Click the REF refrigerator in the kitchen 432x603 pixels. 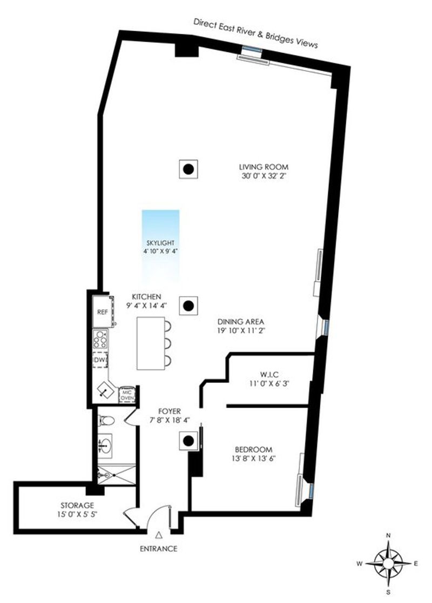pyautogui.click(x=103, y=312)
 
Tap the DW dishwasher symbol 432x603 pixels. pyautogui.click(x=100, y=360)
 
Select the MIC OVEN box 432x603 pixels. pyautogui.click(x=127, y=395)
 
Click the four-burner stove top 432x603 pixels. pyautogui.click(x=100, y=340)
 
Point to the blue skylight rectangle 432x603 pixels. pyautogui.click(x=160, y=246)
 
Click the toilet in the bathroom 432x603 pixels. pyautogui.click(x=106, y=421)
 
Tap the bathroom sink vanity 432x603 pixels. pyautogui.click(x=105, y=446)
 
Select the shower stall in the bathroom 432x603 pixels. pyautogui.click(x=116, y=475)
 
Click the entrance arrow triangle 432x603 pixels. pyautogui.click(x=159, y=535)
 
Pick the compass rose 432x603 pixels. pyautogui.click(x=388, y=564)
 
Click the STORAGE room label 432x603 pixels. pyautogui.click(x=77, y=505)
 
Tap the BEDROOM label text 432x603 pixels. pyautogui.click(x=253, y=449)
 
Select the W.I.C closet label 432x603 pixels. pyautogui.click(x=269, y=374)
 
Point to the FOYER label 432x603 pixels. pyautogui.click(x=170, y=412)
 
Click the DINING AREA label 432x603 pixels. pyautogui.click(x=241, y=322)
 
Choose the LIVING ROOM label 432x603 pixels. pyautogui.click(x=264, y=167)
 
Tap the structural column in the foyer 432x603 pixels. pyautogui.click(x=188, y=441)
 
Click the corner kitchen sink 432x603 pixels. pyautogui.click(x=105, y=390)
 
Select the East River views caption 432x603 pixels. pyautogui.click(x=256, y=33)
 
